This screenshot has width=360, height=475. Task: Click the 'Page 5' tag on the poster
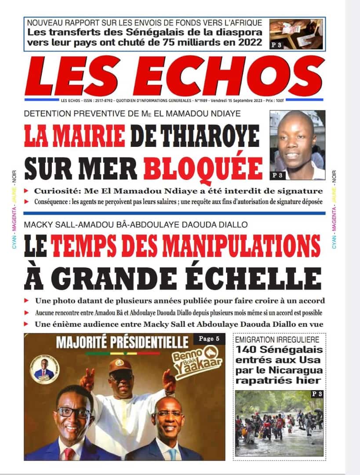click(209, 339)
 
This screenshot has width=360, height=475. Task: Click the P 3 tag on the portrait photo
click(278, 175)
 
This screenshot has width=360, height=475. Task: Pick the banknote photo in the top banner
click(296, 34)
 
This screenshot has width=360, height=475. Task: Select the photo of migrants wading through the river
click(280, 423)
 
